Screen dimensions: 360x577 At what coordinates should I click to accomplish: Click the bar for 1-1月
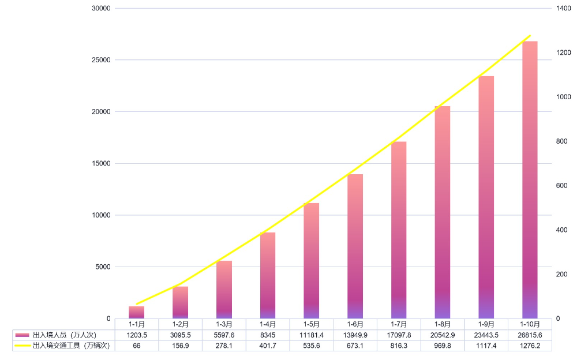click(137, 312)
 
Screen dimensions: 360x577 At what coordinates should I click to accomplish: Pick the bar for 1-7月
click(399, 230)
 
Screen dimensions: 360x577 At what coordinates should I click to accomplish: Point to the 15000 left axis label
click(101, 163)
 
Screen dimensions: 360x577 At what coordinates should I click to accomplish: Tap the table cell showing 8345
click(268, 335)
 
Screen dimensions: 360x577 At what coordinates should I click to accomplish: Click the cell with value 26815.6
click(530, 335)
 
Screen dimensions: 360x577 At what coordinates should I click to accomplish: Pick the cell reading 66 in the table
click(137, 346)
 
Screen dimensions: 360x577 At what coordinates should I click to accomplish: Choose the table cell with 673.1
click(355, 346)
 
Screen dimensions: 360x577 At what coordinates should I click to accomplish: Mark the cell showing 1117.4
click(486, 346)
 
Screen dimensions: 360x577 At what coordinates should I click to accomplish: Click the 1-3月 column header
click(224, 324)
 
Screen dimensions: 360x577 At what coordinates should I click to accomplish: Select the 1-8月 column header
click(443, 324)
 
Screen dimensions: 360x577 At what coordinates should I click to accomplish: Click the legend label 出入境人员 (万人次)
click(64, 335)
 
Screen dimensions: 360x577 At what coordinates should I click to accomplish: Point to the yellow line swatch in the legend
click(23, 346)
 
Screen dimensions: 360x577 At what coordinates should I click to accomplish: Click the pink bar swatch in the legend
click(23, 335)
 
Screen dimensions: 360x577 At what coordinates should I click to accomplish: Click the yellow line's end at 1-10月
click(530, 36)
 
